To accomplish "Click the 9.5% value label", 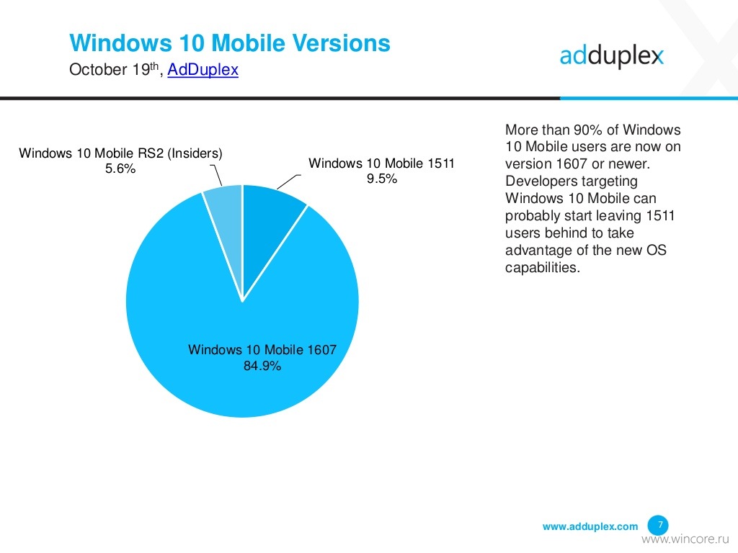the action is pos(382,179).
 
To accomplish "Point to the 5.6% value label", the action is pos(120,168).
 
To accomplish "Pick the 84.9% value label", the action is pos(262,365).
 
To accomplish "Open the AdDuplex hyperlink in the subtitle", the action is pos(203,70).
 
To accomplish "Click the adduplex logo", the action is pos(611,56).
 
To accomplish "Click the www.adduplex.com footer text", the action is pos(590,526).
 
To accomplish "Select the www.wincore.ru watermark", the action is pos(685,539).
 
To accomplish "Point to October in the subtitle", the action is pos(98,70).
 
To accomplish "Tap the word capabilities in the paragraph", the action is pos(542,268).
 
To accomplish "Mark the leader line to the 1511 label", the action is pos(289,182).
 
